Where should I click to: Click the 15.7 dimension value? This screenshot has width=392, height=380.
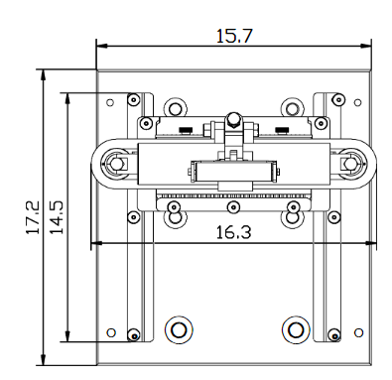pyautogui.click(x=234, y=36)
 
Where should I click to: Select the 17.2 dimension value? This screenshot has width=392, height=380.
pyautogui.click(x=33, y=217)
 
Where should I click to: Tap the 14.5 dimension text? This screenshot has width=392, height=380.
pyautogui.click(x=57, y=217)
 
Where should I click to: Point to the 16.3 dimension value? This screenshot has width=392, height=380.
pyautogui.click(x=233, y=232)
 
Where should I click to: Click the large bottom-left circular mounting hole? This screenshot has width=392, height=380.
pyautogui.click(x=179, y=329)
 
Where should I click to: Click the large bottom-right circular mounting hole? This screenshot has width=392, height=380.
pyautogui.click(x=296, y=329)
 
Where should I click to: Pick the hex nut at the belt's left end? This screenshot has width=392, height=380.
pyautogui.click(x=116, y=163)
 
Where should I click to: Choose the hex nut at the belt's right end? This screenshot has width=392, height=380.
pyautogui.click(x=349, y=163)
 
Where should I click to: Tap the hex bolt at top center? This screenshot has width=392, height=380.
pyautogui.click(x=233, y=119)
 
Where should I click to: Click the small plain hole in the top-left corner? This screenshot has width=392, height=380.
pyautogui.click(x=110, y=102)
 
